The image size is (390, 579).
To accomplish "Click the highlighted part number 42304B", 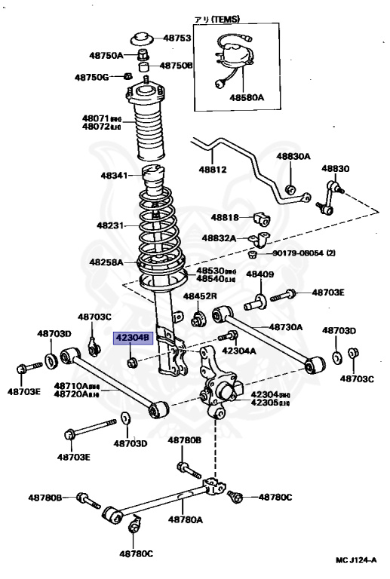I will [x=133, y=338].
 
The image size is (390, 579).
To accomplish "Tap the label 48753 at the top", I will [x=177, y=38].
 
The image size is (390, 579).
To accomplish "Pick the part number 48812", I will [x=213, y=170].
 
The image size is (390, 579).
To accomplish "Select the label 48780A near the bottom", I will [x=185, y=519].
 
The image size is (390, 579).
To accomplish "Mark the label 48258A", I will [x=106, y=262].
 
